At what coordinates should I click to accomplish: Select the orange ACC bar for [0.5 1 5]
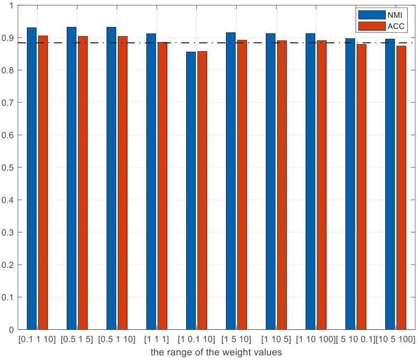pos(83,182)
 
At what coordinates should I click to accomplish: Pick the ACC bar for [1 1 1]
pos(162,186)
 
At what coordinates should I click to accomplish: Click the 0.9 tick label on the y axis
pos(9,38)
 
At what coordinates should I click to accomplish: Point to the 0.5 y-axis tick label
pos(9,167)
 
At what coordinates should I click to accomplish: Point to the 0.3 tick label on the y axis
pos(9,232)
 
